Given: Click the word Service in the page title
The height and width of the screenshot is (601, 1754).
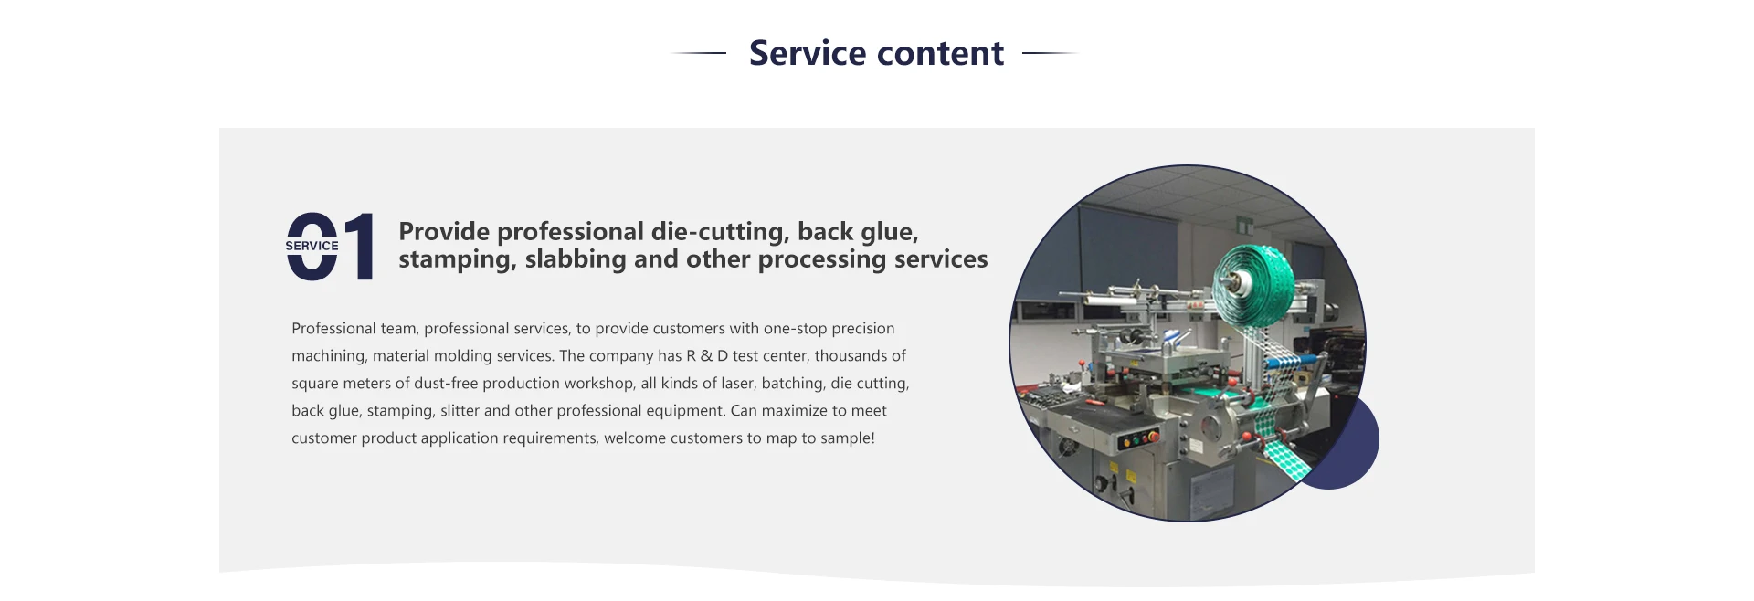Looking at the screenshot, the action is pyautogui.click(x=808, y=53).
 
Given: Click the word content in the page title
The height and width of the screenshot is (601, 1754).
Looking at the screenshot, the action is pyautogui.click(x=940, y=54).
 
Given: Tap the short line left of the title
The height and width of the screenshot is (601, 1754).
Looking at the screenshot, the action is pyautogui.click(x=699, y=53).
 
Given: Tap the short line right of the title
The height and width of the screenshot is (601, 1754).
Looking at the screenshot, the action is pyautogui.click(x=1051, y=53).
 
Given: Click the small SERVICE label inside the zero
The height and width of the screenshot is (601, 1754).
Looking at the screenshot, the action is pyautogui.click(x=312, y=246).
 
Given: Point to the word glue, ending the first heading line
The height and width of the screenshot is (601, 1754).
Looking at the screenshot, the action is pyautogui.click(x=888, y=233).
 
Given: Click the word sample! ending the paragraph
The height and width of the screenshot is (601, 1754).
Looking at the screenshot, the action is pyautogui.click(x=848, y=438).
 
